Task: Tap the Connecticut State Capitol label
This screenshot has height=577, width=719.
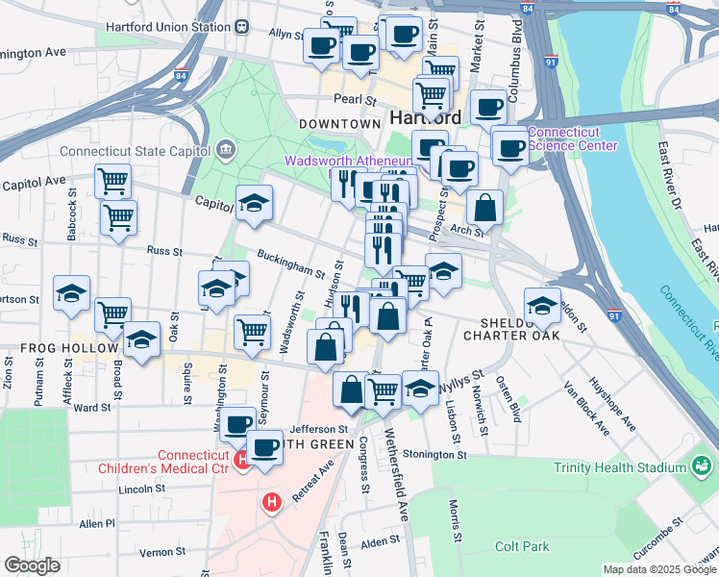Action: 136,151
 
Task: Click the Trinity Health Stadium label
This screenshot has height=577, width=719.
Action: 620,468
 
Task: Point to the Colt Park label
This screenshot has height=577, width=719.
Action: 521,546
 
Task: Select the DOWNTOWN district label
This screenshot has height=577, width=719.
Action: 339,124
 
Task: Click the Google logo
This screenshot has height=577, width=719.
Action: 32,565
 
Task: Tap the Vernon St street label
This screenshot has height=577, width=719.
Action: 161,552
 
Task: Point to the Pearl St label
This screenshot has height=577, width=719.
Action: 353,99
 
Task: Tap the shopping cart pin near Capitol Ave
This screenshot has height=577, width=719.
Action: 113,180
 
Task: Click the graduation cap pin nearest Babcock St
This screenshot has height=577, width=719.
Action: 72,292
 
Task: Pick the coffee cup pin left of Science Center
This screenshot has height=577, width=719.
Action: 509,147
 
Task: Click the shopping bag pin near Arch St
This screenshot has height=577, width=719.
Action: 485,207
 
